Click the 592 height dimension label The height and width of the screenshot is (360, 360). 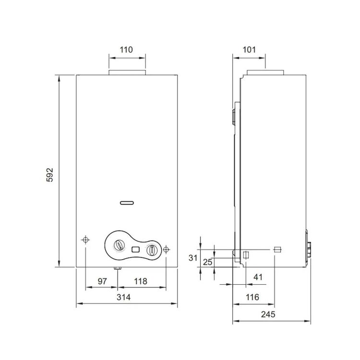click(49, 175)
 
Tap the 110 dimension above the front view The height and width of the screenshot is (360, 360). click(126, 49)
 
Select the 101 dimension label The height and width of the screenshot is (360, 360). click(249, 49)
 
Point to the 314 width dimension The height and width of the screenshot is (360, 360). click(123, 297)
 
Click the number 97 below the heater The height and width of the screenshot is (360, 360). click(102, 281)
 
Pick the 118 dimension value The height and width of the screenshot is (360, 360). click(141, 281)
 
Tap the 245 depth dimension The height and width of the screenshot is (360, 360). click(268, 314)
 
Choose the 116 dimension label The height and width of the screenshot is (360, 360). click(252, 297)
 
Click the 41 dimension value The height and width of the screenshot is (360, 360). click(258, 277)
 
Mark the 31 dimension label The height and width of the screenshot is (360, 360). click(193, 258)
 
